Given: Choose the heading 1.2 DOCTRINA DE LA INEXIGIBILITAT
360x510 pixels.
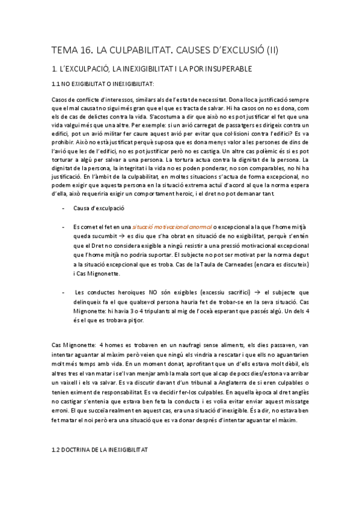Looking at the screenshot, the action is coord(100,449).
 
